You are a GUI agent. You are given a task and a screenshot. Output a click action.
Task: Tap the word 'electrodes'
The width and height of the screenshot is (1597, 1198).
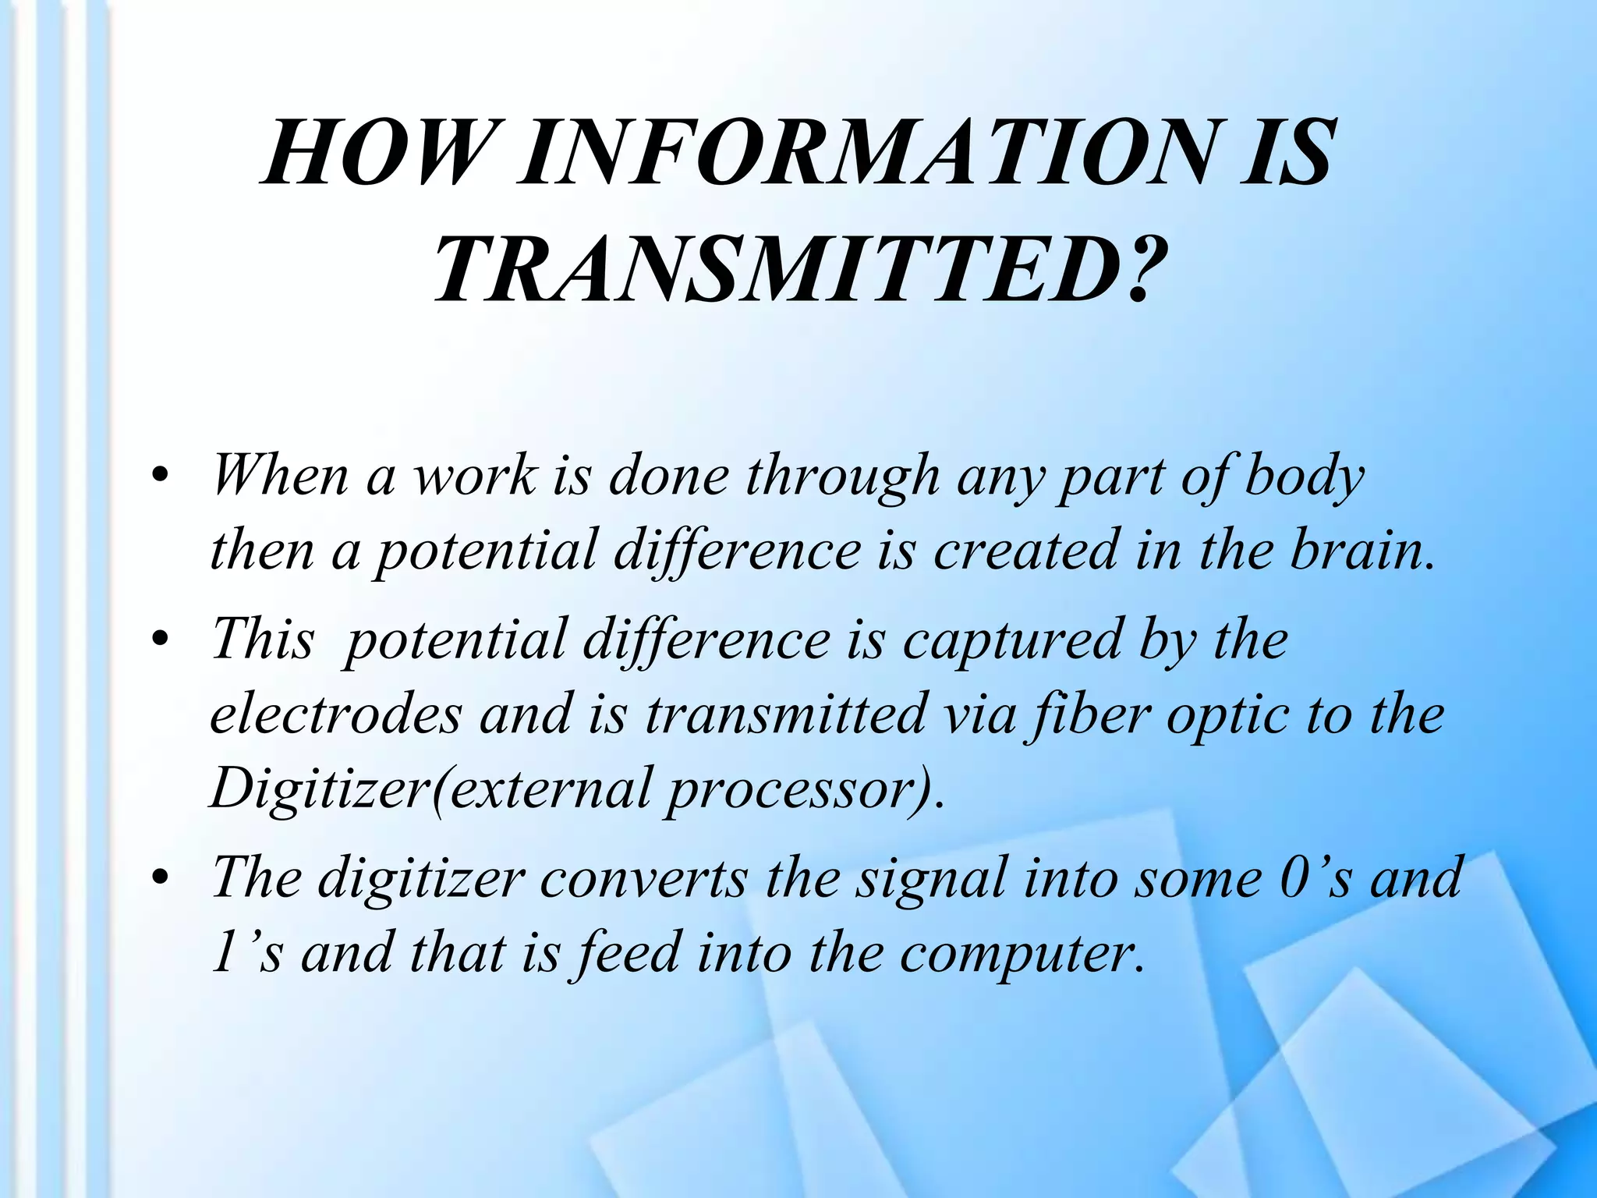335,714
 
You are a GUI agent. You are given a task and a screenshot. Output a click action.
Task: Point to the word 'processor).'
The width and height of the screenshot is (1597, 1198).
803,789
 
